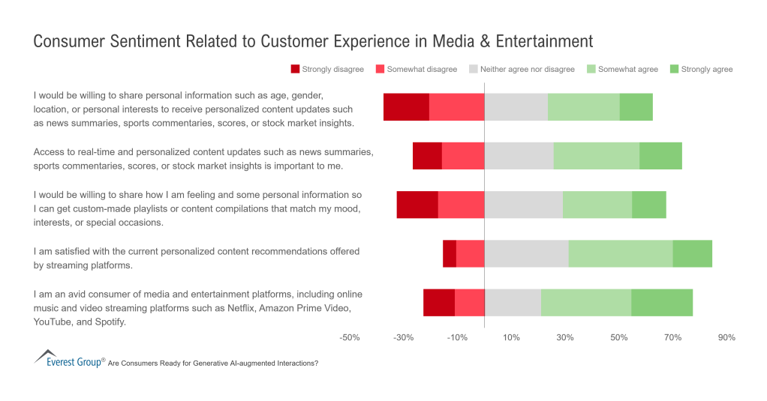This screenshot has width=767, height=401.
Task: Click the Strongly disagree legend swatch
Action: point(295,70)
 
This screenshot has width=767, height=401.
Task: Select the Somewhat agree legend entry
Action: point(627,70)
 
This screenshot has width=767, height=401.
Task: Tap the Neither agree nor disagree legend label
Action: point(527,70)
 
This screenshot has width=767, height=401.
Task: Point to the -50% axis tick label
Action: point(350,338)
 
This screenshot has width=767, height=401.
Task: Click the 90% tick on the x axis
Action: point(726,338)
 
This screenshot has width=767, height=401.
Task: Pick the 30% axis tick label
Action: point(565,338)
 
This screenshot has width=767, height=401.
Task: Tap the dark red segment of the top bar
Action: point(406,107)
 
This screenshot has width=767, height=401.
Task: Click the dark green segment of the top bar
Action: point(636,107)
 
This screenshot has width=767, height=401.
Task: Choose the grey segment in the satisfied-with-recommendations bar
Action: point(526,253)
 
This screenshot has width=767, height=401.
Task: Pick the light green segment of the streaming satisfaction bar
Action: point(620,253)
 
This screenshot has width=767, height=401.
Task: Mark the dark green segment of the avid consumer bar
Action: point(661,302)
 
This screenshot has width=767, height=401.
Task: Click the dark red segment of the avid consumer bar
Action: point(439,302)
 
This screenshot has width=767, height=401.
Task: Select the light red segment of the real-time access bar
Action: point(463,155)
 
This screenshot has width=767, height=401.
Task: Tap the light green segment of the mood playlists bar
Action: point(597,205)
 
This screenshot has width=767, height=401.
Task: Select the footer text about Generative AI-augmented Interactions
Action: point(213,363)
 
